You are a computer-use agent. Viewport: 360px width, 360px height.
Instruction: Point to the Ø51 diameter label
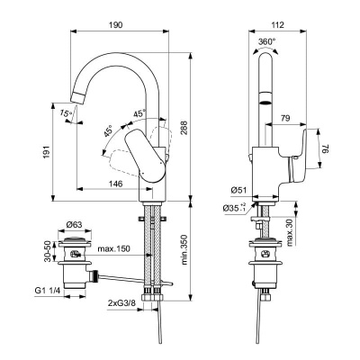[238, 190]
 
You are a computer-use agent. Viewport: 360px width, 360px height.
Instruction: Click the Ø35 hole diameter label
[235, 210]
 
